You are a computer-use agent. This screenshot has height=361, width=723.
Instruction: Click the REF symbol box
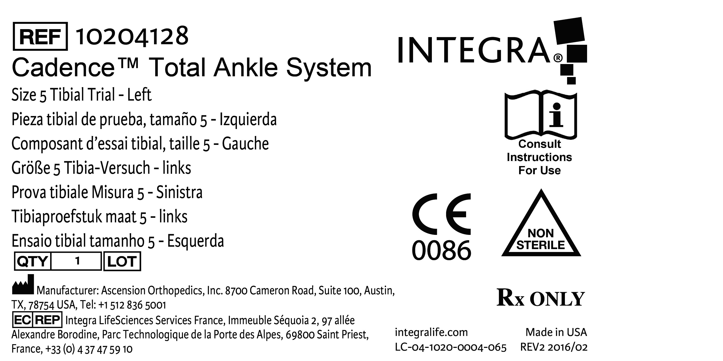coord(40,36)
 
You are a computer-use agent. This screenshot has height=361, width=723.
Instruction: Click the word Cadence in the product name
coord(63,68)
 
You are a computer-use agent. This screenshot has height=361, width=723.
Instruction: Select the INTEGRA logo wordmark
coord(474,51)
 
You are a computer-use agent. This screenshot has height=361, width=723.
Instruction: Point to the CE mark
coord(441,214)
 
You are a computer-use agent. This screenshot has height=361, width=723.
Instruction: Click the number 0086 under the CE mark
coord(441,250)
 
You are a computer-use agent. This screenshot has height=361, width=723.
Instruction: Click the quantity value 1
coord(77,261)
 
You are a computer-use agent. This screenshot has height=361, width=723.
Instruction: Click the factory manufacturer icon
coord(23,285)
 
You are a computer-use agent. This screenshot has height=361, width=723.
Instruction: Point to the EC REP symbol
coord(37,320)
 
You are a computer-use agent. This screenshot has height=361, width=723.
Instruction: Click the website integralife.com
coord(431,332)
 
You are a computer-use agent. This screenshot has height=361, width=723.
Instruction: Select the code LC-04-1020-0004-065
coord(450,348)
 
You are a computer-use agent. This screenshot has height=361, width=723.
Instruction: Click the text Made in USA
coord(556,332)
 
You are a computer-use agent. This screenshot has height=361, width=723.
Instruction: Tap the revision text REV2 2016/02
coord(554,348)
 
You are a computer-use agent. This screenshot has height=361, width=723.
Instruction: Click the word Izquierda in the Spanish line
coord(248,119)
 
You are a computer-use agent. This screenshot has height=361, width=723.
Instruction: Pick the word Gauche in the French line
coord(245,144)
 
